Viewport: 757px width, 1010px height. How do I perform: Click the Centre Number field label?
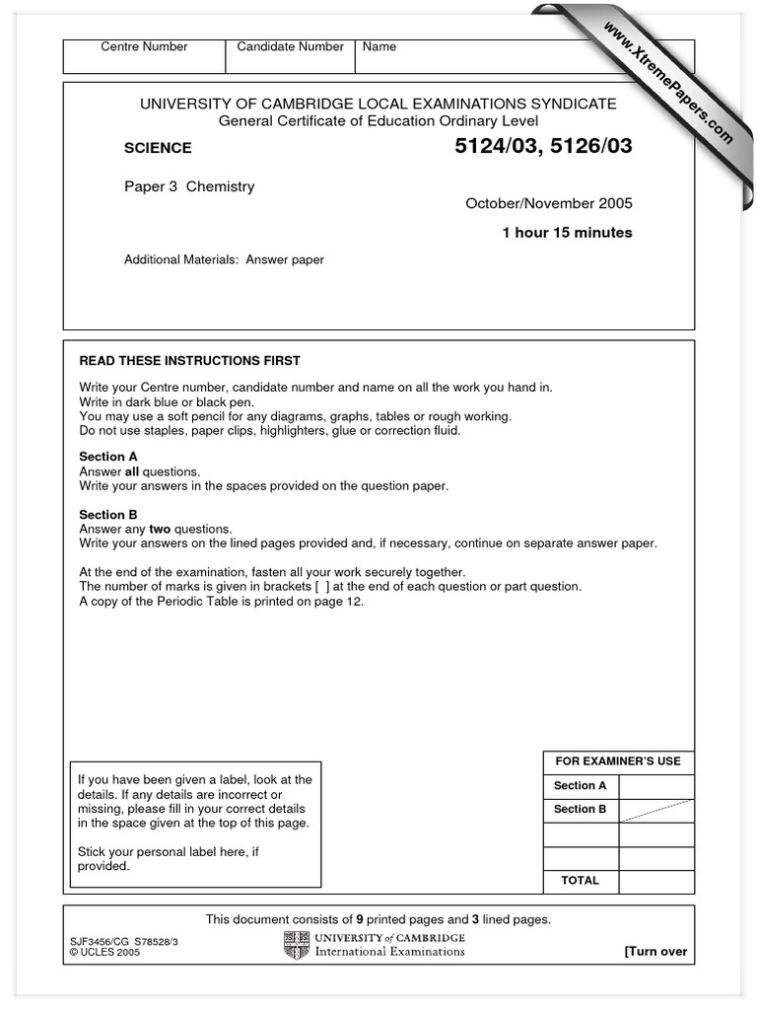[144, 47]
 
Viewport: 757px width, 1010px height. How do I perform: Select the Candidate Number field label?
[290, 47]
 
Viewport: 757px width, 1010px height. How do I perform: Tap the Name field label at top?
[379, 47]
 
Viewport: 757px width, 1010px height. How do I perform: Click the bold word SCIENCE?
[158, 149]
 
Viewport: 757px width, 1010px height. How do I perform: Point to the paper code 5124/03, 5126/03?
[540, 148]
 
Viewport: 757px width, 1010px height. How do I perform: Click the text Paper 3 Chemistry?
[189, 186]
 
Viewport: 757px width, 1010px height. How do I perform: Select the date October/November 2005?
[549, 204]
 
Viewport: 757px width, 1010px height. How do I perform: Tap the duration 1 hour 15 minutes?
[567, 233]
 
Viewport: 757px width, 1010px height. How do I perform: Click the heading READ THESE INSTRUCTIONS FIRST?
[189, 361]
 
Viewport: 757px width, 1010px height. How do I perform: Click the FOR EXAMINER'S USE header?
[618, 761]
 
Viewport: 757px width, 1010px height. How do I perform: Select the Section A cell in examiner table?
[581, 786]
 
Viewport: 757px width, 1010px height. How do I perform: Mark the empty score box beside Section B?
[655, 810]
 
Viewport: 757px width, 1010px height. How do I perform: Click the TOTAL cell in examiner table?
[581, 881]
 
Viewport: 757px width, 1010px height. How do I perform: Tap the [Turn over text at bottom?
[655, 952]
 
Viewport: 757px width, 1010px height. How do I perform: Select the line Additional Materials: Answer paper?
[224, 260]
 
